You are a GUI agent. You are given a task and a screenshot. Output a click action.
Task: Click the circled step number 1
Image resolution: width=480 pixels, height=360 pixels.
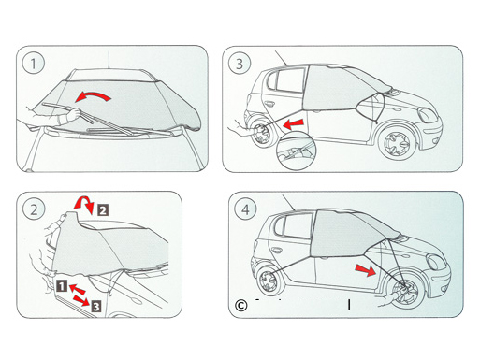tap(34, 63)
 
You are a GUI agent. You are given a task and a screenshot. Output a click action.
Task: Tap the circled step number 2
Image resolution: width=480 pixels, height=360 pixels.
tap(34, 209)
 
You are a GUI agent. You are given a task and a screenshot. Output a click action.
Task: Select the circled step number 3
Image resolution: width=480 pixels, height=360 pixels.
tap(240, 64)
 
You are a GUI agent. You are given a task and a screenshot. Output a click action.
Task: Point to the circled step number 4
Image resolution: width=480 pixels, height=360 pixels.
tap(245, 209)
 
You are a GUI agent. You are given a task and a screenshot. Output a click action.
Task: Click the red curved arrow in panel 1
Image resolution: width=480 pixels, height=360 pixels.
tap(94, 94)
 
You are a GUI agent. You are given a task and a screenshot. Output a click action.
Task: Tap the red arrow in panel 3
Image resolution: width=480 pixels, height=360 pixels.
tap(293, 123)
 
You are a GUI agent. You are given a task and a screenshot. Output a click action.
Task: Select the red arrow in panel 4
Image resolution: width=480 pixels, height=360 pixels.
tap(366, 269)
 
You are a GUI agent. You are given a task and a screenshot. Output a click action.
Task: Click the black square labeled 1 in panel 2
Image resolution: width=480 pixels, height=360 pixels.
tap(62, 286)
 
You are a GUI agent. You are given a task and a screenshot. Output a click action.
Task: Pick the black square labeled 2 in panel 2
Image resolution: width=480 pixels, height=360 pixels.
tap(103, 209)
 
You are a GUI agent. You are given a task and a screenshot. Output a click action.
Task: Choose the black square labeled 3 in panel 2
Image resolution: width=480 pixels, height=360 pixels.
tap(96, 306)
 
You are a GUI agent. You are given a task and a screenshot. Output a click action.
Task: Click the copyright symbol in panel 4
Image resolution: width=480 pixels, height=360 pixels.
tap(240, 306)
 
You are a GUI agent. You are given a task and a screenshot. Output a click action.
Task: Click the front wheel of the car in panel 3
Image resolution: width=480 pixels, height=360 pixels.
tap(395, 144)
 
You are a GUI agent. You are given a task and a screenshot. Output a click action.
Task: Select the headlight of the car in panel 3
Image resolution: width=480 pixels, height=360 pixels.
tap(428, 115)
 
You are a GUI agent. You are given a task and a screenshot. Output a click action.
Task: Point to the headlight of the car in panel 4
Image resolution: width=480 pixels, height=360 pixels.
tap(436, 262)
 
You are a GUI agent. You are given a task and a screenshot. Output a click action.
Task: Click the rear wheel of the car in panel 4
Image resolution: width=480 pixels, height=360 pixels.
tap(269, 281)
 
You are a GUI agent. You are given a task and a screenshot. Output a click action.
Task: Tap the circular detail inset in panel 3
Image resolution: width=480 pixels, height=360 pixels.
tap(297, 151)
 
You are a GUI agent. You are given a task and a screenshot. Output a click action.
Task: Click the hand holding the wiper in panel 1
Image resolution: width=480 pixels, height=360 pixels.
tap(72, 114)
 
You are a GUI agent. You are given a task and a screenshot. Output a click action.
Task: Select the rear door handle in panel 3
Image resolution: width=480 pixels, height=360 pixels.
tap(269, 103)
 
